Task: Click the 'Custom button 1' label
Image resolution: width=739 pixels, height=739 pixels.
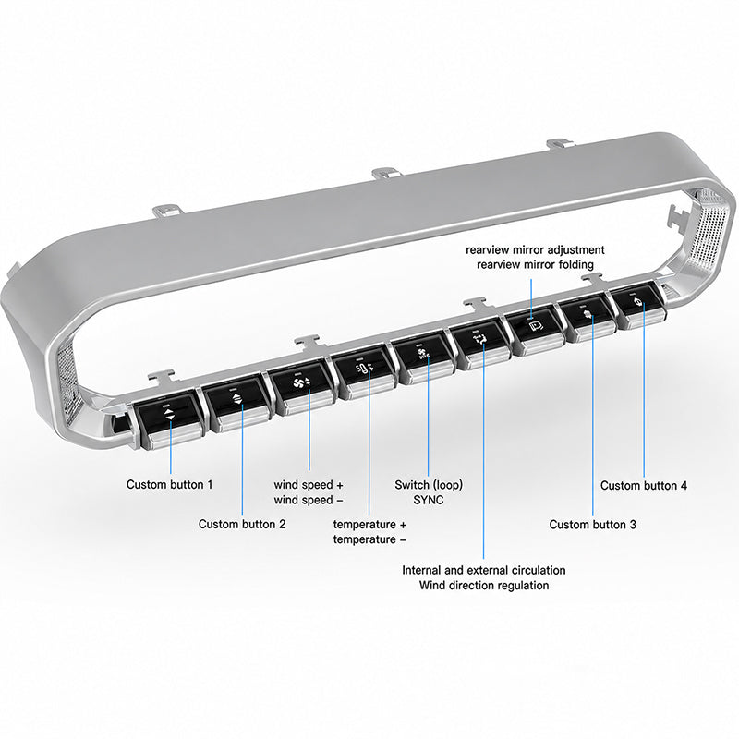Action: pyautogui.click(x=170, y=484)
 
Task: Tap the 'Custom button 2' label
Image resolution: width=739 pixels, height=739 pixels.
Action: pyautogui.click(x=242, y=524)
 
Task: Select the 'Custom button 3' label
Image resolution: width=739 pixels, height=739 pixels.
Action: pyautogui.click(x=592, y=525)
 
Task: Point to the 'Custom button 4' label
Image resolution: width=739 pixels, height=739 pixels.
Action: pyautogui.click(x=643, y=486)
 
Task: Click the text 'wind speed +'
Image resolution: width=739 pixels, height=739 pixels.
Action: pyautogui.click(x=309, y=485)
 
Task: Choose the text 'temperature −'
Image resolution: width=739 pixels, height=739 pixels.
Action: pyautogui.click(x=369, y=539)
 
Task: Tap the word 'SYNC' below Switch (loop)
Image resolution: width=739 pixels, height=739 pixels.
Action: pyautogui.click(x=429, y=500)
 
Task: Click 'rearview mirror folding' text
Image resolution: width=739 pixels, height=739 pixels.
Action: pyautogui.click(x=535, y=264)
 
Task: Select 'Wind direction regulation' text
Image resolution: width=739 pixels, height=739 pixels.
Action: pyautogui.click(x=484, y=586)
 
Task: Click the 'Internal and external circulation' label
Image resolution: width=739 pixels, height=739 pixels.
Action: pyautogui.click(x=483, y=570)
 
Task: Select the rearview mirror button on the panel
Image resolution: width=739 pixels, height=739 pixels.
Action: pyautogui.click(x=536, y=329)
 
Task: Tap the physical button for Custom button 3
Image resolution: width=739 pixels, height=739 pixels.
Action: pyautogui.click(x=588, y=318)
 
